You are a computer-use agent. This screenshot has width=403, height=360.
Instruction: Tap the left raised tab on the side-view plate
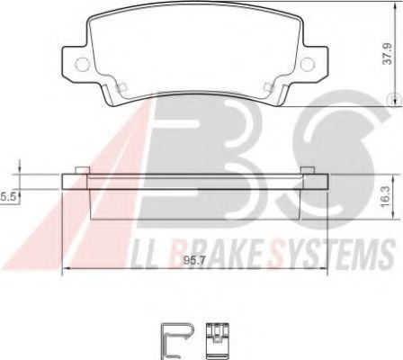click(82, 169)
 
